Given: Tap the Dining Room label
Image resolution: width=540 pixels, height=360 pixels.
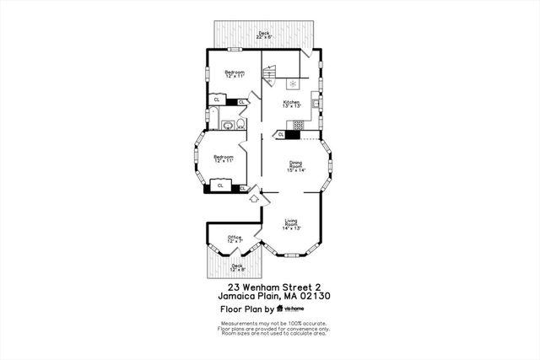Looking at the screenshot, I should (x=296, y=166).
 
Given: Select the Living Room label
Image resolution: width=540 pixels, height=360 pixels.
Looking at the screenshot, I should (x=292, y=225).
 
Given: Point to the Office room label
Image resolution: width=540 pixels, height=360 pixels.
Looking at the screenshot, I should (x=234, y=239).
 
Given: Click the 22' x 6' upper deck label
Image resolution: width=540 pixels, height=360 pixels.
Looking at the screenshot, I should (x=264, y=35).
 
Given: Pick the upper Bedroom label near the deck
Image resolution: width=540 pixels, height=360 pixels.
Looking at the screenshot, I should (x=235, y=74).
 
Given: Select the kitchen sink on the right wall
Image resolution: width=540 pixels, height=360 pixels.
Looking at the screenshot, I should (x=315, y=104).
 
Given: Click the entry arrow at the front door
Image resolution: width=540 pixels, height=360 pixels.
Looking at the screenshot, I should (x=254, y=199).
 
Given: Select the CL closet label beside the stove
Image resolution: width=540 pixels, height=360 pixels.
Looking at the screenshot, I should (x=281, y=133).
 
